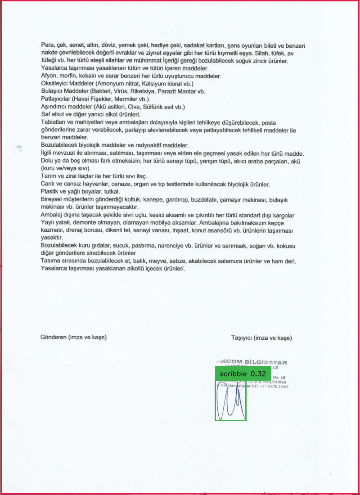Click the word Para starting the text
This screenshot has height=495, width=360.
(47, 45)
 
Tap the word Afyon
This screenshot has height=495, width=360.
(49, 76)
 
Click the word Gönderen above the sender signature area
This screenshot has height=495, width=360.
(54, 337)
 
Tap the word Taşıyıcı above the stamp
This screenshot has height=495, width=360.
(241, 337)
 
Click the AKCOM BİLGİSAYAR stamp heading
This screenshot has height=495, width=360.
(252, 362)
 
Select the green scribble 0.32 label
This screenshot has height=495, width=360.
(243, 373)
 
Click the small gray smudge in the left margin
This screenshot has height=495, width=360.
(18, 147)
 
